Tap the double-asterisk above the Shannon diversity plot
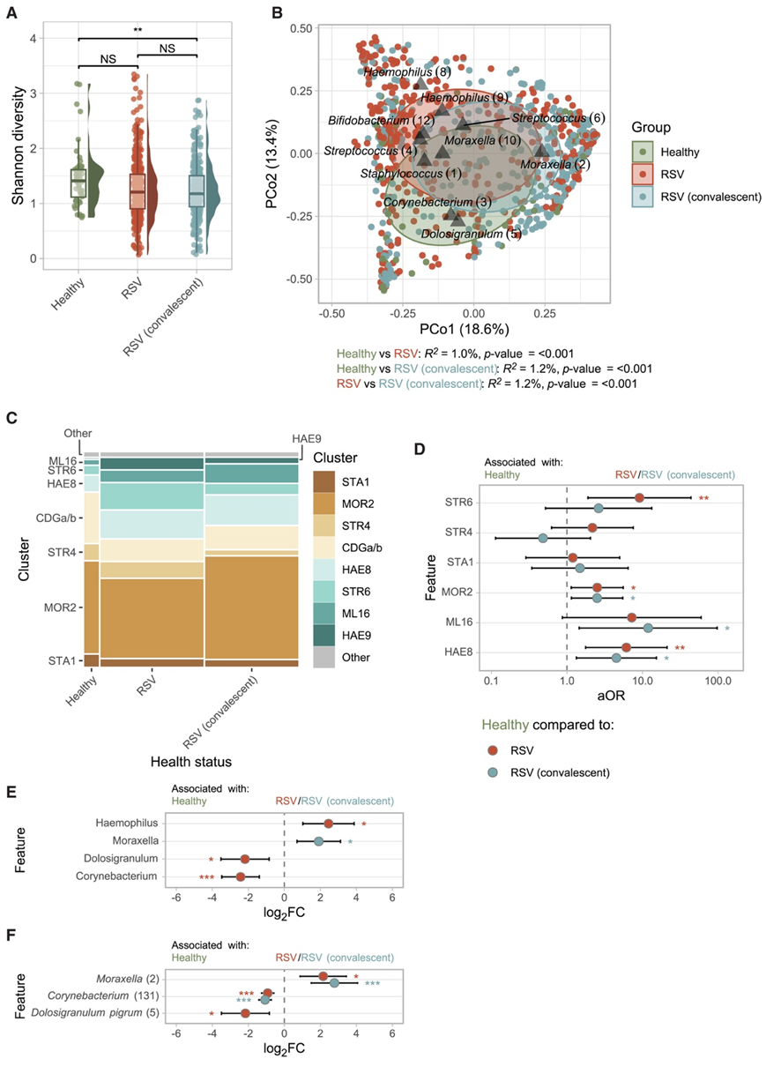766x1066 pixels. click(x=138, y=29)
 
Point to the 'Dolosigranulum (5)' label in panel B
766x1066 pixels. click(x=472, y=235)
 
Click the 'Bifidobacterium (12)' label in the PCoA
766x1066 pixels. click(x=380, y=119)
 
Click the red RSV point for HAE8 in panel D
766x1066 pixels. click(x=626, y=647)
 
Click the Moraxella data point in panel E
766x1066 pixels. click(x=319, y=841)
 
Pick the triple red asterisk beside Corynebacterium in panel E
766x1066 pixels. click(x=207, y=878)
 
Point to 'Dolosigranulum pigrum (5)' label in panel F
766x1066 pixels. click(x=98, y=1014)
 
